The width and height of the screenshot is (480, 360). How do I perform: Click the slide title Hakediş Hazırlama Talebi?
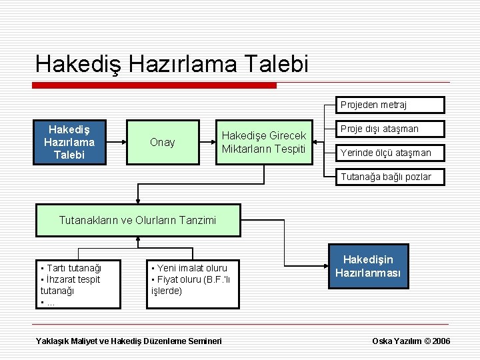coord(172,64)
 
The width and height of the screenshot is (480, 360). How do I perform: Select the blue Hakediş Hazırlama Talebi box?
coord(69,142)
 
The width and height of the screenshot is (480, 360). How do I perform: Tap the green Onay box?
coord(163,142)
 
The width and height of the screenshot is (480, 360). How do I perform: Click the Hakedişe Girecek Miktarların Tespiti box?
coord(263,142)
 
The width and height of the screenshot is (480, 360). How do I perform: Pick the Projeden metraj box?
coord(389,105)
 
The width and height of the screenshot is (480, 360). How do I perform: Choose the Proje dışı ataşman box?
coord(389,129)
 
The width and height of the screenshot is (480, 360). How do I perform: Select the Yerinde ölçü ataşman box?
coord(389,153)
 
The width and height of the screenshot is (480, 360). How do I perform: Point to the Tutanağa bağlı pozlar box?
coord(389,177)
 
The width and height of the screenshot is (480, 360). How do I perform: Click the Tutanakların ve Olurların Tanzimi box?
coord(138,220)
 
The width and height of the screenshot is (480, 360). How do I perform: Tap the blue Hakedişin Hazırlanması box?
coord(368,267)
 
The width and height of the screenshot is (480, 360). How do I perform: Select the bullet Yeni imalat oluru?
coord(190,268)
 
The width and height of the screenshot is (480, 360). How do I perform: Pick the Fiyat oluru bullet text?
coord(190,279)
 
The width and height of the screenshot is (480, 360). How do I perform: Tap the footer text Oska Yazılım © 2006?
coord(411,341)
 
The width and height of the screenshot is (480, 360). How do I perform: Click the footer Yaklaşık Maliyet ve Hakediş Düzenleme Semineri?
coord(129,341)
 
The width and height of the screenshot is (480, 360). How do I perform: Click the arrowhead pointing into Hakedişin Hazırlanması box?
coord(323,267)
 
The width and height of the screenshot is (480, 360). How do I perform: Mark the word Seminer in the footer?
coord(203,341)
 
